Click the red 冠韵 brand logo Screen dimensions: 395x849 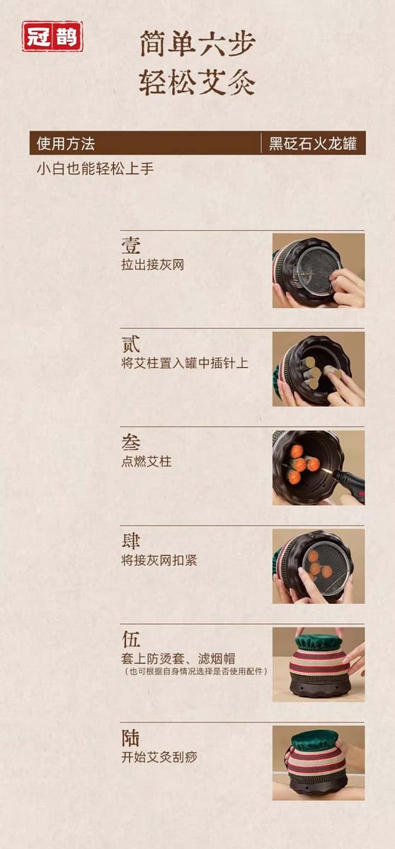click(x=52, y=36)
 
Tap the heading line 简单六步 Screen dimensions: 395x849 click(x=197, y=44)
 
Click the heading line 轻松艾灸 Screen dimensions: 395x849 click(x=197, y=82)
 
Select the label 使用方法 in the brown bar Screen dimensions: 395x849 click(x=66, y=144)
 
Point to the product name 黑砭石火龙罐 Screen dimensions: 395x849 click(x=313, y=144)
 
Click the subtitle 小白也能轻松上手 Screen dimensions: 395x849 click(x=96, y=168)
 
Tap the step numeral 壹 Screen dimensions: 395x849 click(x=131, y=246)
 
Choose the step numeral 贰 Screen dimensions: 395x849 click(x=131, y=344)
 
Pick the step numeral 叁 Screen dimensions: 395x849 click(x=131, y=442)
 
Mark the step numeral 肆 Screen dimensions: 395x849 click(x=131, y=541)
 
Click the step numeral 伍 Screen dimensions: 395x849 click(x=131, y=640)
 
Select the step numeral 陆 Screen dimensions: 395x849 click(x=131, y=738)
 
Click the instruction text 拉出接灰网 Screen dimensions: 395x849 click(x=153, y=265)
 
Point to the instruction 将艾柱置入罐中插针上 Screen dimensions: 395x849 click(x=185, y=363)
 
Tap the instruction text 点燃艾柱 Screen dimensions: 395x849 click(x=147, y=461)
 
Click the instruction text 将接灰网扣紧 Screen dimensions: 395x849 click(x=159, y=560)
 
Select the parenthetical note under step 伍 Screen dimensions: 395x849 click(x=195, y=671)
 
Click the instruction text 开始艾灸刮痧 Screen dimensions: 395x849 click(x=159, y=757)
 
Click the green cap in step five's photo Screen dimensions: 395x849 click(x=319, y=640)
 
